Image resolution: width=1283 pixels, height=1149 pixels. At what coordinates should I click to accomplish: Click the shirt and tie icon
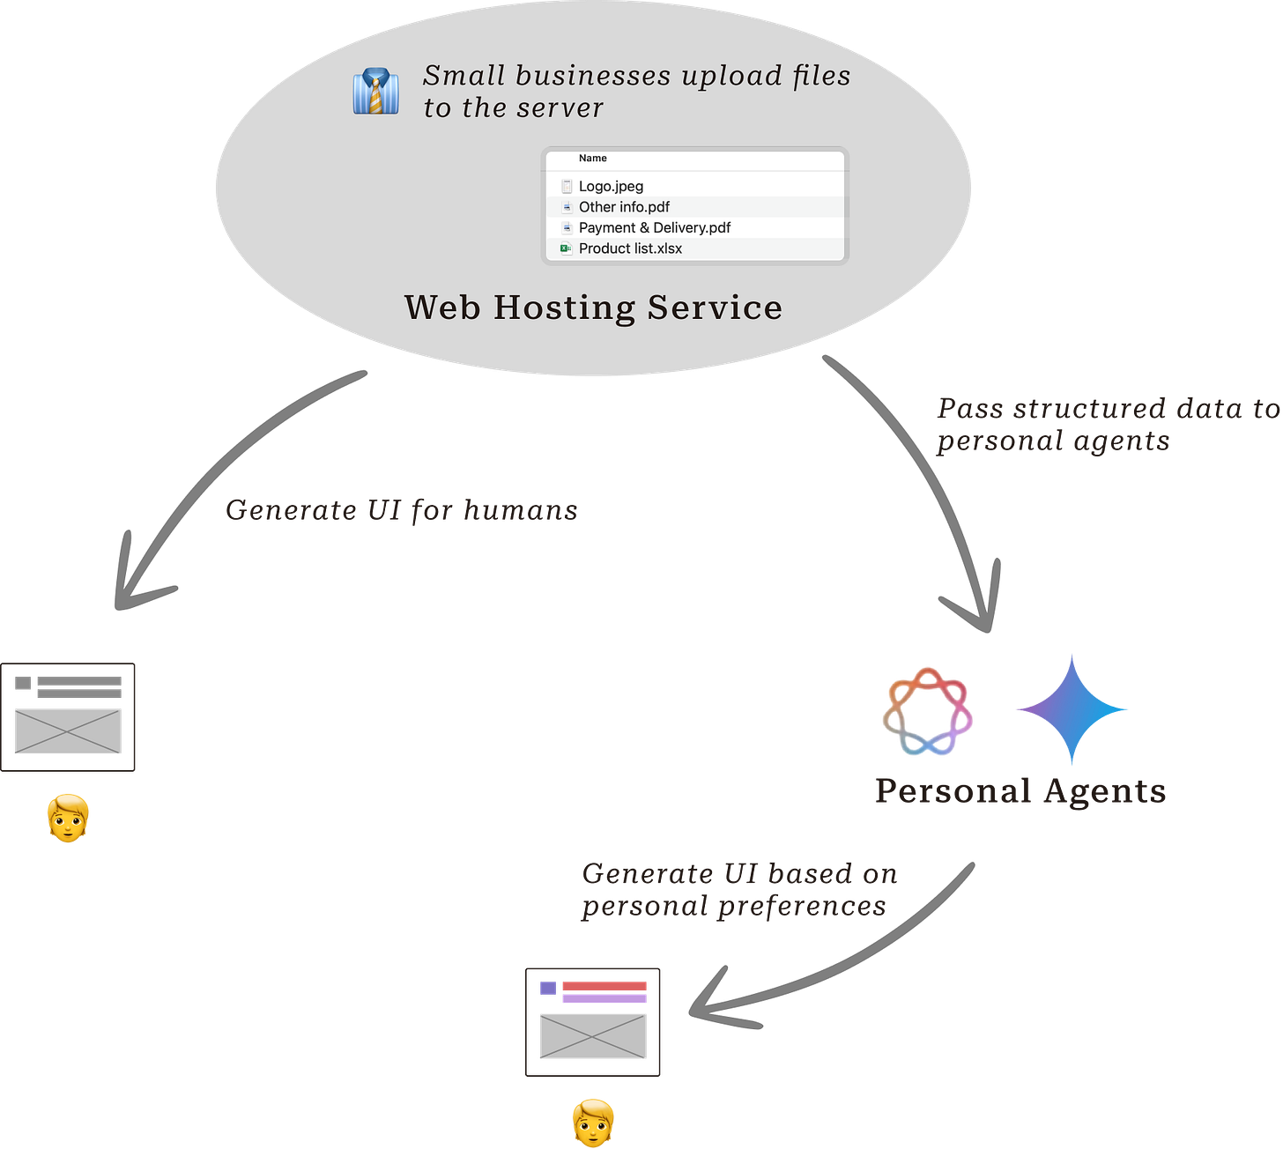pyautogui.click(x=376, y=92)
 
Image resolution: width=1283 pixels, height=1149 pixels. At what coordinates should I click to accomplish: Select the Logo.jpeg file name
pyautogui.click(x=611, y=186)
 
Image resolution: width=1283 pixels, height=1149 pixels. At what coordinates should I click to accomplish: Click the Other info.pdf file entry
pyautogui.click(x=624, y=207)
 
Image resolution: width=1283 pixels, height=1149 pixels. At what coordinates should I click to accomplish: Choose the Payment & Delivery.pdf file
pyautogui.click(x=654, y=227)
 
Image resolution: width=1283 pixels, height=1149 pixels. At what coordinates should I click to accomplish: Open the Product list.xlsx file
pyautogui.click(x=630, y=248)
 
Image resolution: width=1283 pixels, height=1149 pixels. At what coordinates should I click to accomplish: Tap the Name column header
pyautogui.click(x=592, y=159)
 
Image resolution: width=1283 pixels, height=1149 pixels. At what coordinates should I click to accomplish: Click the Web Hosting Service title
pyautogui.click(x=593, y=308)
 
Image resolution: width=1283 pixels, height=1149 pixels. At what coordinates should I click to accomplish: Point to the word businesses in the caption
pyautogui.click(x=593, y=76)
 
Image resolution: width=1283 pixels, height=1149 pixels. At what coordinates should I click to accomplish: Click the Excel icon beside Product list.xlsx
pyautogui.click(x=566, y=248)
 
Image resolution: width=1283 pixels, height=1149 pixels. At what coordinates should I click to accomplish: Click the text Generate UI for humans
pyautogui.click(x=402, y=510)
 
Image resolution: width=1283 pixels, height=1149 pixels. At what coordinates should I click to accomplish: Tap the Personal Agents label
pyautogui.click(x=1020, y=791)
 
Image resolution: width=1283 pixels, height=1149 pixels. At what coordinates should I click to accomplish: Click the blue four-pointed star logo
pyautogui.click(x=1072, y=709)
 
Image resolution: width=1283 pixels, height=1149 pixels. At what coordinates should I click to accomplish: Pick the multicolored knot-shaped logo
pyautogui.click(x=927, y=711)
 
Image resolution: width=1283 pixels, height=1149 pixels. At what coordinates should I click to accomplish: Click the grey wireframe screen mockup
pyautogui.click(x=69, y=717)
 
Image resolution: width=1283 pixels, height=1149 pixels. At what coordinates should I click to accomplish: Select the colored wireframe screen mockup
pyautogui.click(x=593, y=1021)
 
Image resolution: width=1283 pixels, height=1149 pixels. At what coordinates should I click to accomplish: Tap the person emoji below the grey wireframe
pyautogui.click(x=68, y=818)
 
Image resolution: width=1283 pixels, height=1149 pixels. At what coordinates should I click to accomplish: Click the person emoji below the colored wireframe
pyautogui.click(x=593, y=1122)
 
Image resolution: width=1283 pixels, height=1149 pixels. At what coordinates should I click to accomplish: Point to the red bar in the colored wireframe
pyautogui.click(x=604, y=985)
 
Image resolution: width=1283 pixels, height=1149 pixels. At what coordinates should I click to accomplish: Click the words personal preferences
pyautogui.click(x=733, y=907)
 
